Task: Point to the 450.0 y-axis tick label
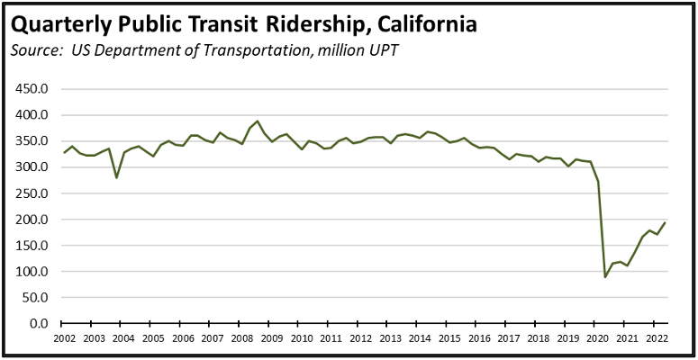pos(33,89)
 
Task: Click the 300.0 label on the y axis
pos(33,167)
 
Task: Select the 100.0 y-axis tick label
pos(33,271)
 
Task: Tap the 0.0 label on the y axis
pos(38,323)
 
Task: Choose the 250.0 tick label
pos(33,193)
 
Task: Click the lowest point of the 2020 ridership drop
pos(605,276)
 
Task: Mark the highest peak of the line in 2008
pos(258,121)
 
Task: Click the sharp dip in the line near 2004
pos(116,177)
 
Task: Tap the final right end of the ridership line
pos(665,222)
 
